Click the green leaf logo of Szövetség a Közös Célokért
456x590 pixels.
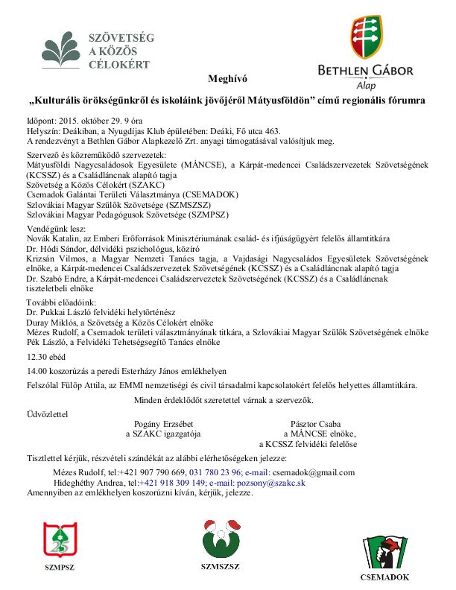tap(64, 48)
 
